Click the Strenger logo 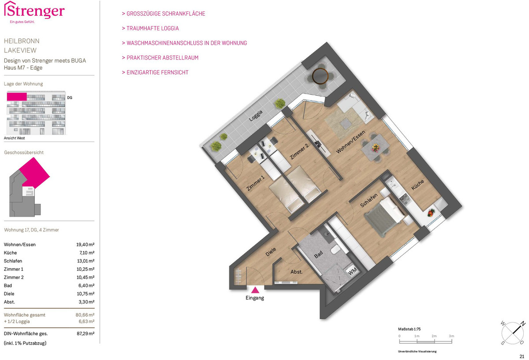click(x=34, y=12)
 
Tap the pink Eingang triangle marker click(x=255, y=290)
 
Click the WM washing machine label click(x=352, y=271)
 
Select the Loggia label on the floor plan click(x=256, y=116)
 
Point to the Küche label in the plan click(x=417, y=185)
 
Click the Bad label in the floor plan click(x=318, y=255)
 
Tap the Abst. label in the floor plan click(x=296, y=272)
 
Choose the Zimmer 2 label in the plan click(x=299, y=151)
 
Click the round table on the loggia click(x=320, y=76)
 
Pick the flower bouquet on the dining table click(x=375, y=148)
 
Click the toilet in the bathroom click(x=335, y=250)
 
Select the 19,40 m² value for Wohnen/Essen click(x=85, y=244)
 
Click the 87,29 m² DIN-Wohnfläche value click(x=86, y=334)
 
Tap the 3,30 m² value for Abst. click(x=86, y=302)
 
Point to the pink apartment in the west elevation click(x=17, y=97)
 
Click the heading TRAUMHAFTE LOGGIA click(x=150, y=28)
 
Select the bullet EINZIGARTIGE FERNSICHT click(x=155, y=72)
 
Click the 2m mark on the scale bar click(x=434, y=336)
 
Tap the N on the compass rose click(x=523, y=323)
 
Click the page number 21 click(x=522, y=356)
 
